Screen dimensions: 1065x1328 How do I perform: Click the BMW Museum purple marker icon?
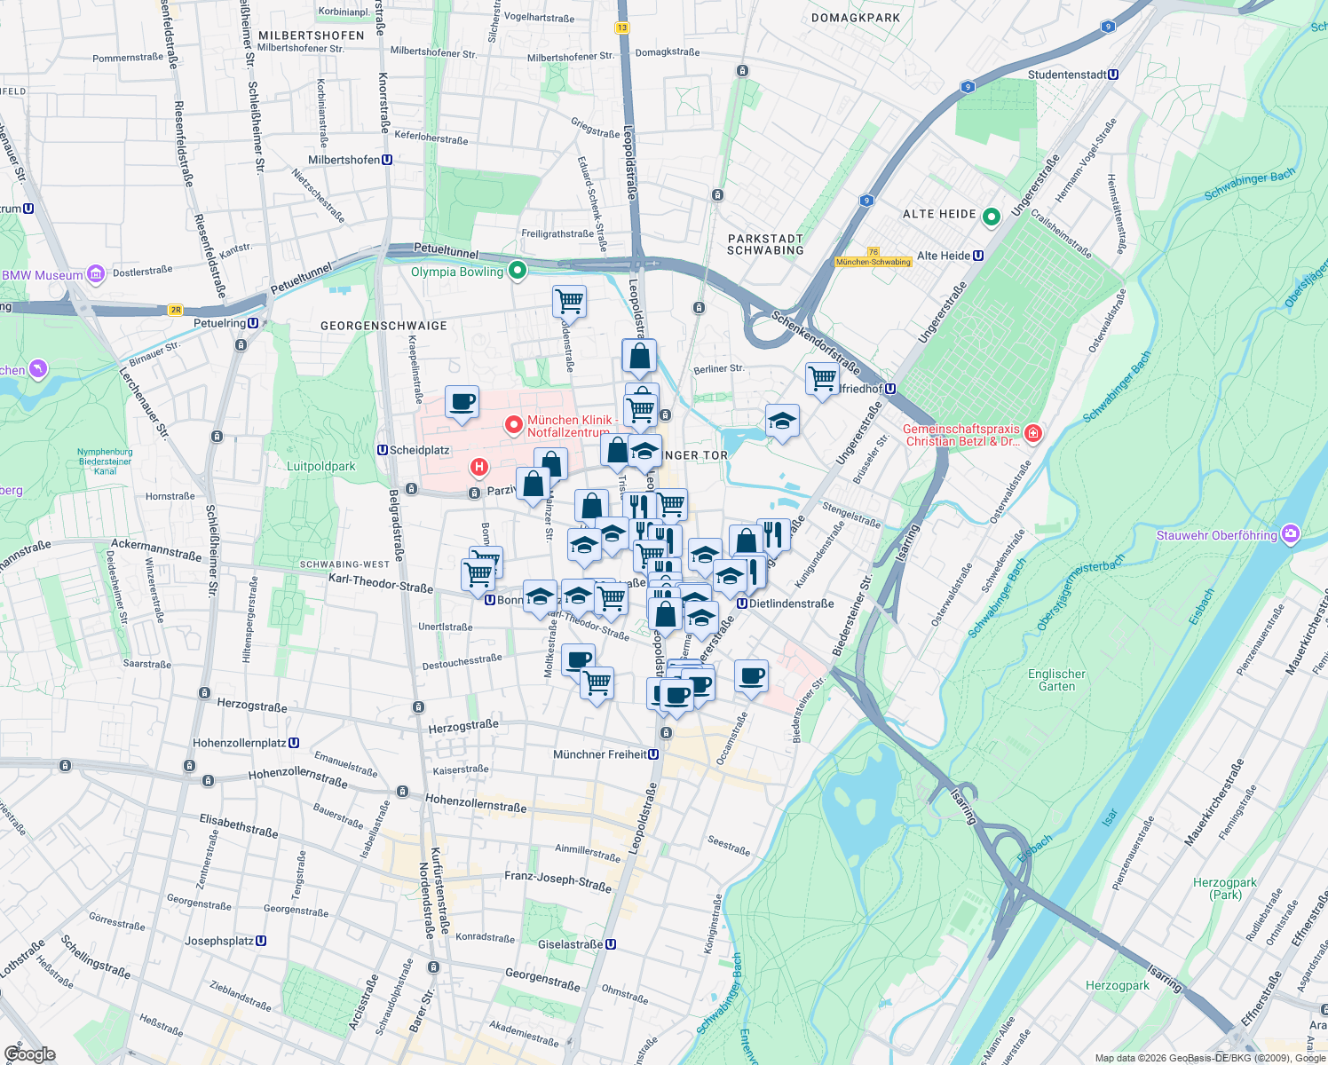pos(96,274)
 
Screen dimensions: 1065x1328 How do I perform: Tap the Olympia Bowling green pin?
pos(517,270)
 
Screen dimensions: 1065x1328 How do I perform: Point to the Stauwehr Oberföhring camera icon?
pos(1291,534)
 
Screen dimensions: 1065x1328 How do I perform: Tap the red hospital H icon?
pos(479,467)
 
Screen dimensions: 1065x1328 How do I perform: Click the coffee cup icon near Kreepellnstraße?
pos(462,401)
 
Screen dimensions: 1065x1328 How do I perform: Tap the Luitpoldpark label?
pos(321,466)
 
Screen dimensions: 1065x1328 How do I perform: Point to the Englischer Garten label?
pos(1056,680)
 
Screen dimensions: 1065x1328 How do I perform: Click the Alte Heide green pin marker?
pos(992,216)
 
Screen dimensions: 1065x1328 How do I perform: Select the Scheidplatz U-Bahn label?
pos(414,450)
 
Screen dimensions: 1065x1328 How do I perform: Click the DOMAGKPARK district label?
pos(856,18)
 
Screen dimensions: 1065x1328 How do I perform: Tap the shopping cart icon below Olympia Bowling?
pos(569,300)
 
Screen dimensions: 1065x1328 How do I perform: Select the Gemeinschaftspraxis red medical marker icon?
pos(1032,433)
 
